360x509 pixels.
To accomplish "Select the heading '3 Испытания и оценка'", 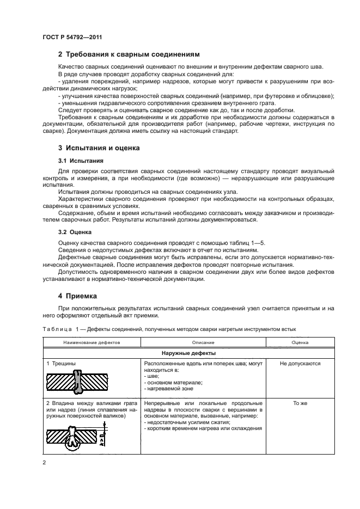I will click(99, 148).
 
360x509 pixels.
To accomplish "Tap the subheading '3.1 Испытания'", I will click(78, 162).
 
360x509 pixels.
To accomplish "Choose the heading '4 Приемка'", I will click(77, 297).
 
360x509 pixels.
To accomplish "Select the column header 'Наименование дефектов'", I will click(91, 343).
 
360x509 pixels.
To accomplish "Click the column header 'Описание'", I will click(203, 343).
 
